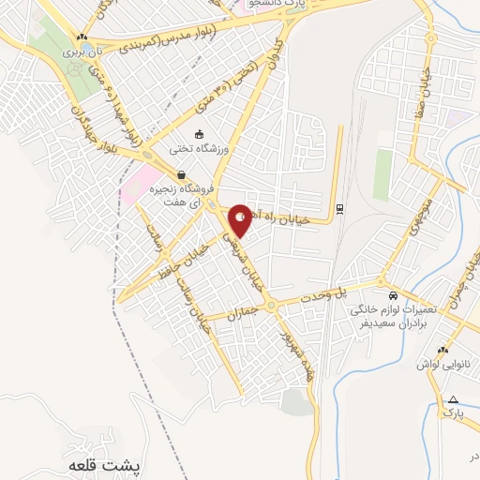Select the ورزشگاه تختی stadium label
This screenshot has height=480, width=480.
click(200, 148)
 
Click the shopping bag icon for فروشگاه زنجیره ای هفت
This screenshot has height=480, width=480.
click(180, 173)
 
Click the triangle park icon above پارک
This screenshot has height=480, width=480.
click(452, 398)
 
